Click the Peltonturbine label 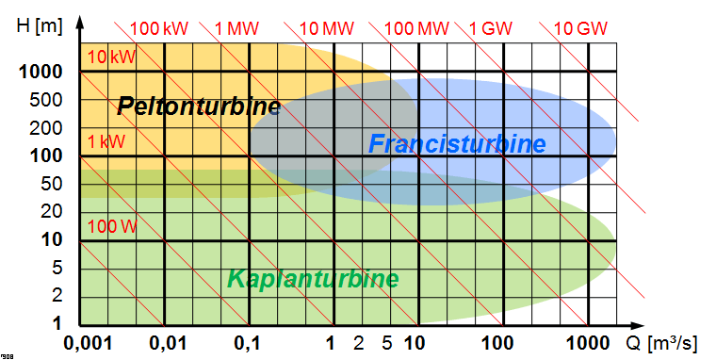[199, 106]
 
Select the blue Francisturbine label [457, 144]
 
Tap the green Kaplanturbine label [313, 279]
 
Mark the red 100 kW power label [159, 27]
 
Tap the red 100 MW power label [417, 27]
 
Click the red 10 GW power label [579, 27]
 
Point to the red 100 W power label [112, 226]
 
